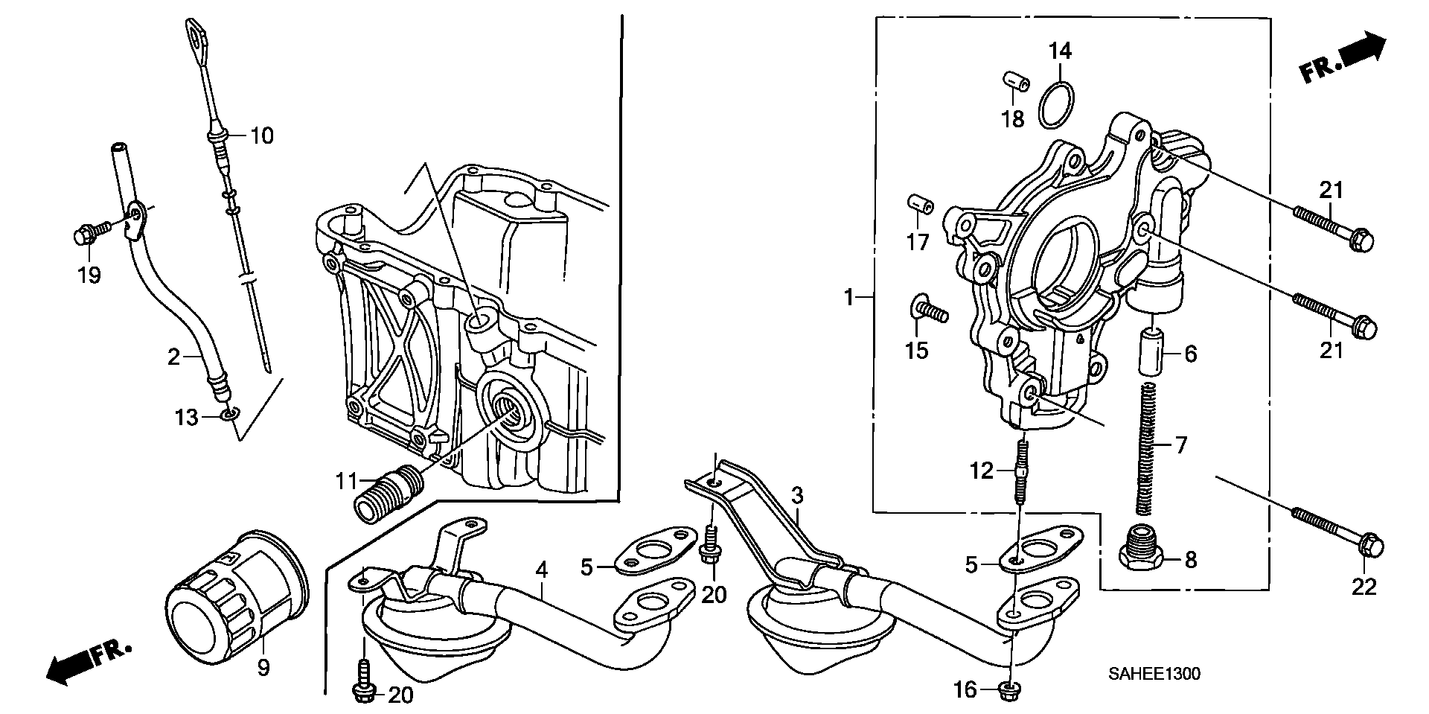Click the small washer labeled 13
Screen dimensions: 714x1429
[231, 413]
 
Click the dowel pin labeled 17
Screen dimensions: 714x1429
[918, 203]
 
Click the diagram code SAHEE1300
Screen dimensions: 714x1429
[1153, 675]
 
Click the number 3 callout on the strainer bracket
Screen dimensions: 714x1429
[797, 494]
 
